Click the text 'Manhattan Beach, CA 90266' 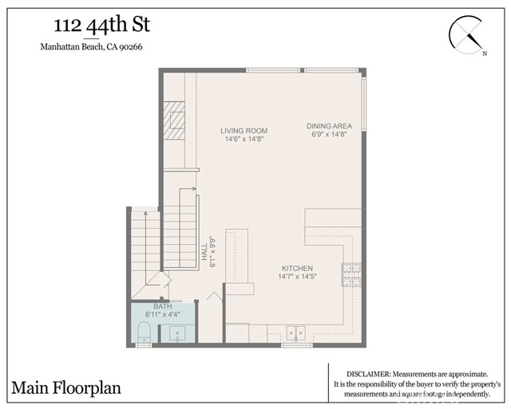[x=91, y=46]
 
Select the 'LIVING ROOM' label [x=244, y=131]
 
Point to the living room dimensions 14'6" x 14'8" [x=244, y=140]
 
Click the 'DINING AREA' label [x=328, y=126]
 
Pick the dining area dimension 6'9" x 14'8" [x=328, y=135]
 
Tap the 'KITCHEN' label [x=296, y=269]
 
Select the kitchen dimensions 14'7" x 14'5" [x=296, y=277]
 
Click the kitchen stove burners [x=352, y=275]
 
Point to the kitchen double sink [x=297, y=333]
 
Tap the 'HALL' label [x=204, y=254]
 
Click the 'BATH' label [x=163, y=306]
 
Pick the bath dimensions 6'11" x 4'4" [x=163, y=315]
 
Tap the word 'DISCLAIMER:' [x=369, y=374]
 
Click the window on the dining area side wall [x=365, y=104]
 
